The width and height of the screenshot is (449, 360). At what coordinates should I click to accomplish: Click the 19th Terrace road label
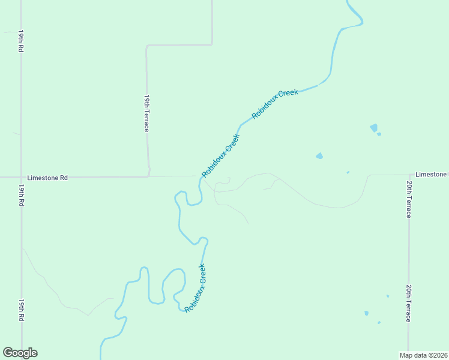pos(146,113)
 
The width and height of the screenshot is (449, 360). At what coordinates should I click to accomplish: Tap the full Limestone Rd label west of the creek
pos(47,178)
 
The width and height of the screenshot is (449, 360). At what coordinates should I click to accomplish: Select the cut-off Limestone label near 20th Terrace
pos(432,174)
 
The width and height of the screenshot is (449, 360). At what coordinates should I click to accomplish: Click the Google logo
pos(20,353)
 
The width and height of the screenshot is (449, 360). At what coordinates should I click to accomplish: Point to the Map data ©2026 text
pos(423,355)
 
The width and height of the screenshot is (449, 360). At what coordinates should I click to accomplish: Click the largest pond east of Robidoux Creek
pos(374,127)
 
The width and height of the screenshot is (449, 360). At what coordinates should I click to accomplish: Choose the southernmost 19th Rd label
pos(20,309)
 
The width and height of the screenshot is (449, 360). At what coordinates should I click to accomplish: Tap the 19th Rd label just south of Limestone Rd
pos(20,196)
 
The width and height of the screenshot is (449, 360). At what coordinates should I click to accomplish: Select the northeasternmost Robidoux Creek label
pos(275,104)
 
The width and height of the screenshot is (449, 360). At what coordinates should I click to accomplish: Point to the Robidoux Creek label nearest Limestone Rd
pos(220,155)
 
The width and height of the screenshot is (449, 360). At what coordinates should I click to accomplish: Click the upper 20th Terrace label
pos(409,199)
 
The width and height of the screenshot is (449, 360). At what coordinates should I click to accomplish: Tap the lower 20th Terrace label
pos(408,303)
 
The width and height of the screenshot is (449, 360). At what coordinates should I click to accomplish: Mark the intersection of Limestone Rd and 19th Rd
pos(21,178)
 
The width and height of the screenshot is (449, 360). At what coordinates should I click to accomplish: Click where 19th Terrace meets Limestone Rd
pos(148,176)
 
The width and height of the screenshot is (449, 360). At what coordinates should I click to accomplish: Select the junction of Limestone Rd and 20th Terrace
pos(409,175)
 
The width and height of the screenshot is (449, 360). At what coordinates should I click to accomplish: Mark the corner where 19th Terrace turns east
pos(147,46)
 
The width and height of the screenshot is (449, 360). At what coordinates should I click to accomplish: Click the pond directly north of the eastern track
pos(319,156)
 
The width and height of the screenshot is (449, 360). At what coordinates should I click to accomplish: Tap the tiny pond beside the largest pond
pos(379,134)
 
